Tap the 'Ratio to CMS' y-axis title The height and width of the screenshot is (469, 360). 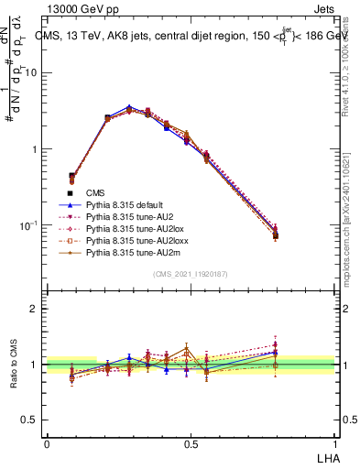(14, 365)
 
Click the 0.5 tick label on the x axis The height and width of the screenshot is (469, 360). (191, 443)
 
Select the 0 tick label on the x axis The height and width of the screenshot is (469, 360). (47, 443)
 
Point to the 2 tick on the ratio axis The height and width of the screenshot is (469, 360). (34, 310)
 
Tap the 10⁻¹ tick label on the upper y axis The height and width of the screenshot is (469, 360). (28, 225)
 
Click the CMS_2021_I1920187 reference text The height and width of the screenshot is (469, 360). (191, 274)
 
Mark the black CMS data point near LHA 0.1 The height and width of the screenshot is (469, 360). (71, 175)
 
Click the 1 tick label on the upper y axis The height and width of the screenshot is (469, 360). (34, 148)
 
